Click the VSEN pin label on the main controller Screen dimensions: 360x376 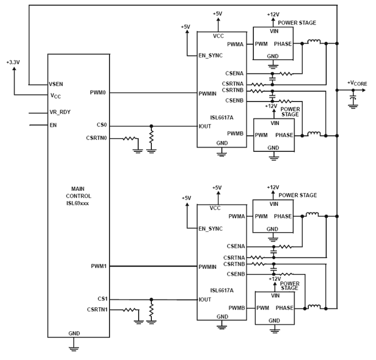(56, 84)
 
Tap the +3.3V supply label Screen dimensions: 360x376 (13, 63)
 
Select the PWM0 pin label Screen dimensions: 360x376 (98, 93)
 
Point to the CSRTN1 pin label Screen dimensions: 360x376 (97, 310)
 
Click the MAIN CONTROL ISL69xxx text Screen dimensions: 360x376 (78, 196)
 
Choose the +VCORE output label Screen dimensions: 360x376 (357, 83)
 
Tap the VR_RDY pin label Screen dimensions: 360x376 (60, 112)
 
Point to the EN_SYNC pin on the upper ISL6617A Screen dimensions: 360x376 (210, 56)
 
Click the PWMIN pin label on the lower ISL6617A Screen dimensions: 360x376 (207, 267)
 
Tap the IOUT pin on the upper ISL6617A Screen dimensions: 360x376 (205, 126)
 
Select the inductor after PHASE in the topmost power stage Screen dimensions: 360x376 (314, 42)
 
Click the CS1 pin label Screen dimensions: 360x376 (102, 299)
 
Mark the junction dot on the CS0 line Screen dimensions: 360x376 (151, 126)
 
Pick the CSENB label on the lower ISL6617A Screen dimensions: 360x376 (236, 274)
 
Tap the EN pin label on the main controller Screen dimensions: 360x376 (53, 125)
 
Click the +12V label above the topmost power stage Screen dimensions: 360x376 (273, 14)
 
